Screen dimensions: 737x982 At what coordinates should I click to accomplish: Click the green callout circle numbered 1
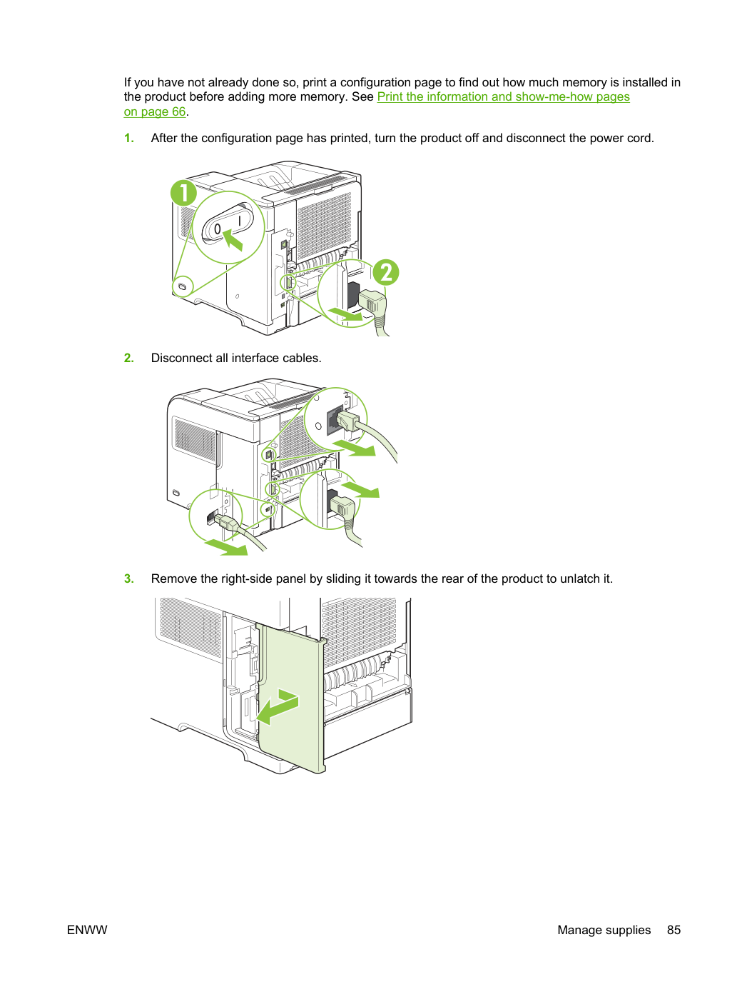pyautogui.click(x=183, y=193)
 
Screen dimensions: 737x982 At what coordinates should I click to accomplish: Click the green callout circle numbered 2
pyautogui.click(x=386, y=272)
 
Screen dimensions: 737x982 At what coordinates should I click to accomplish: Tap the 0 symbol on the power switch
pyautogui.click(x=217, y=229)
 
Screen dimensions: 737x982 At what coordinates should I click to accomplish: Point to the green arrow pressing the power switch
pyautogui.click(x=233, y=240)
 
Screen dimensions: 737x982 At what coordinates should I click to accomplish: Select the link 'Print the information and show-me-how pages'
pyautogui.click(x=503, y=96)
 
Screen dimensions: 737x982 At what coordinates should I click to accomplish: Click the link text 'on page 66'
pyautogui.click(x=155, y=111)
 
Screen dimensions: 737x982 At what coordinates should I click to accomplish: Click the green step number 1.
pyautogui.click(x=128, y=139)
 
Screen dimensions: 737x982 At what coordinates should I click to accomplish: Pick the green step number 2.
pyautogui.click(x=128, y=358)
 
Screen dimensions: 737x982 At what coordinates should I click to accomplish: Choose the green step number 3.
pyautogui.click(x=128, y=578)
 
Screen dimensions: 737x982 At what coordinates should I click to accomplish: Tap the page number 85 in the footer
pyautogui.click(x=674, y=930)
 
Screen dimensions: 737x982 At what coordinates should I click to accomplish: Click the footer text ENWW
pyautogui.click(x=87, y=930)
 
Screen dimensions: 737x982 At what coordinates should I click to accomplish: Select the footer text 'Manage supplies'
pyautogui.click(x=604, y=930)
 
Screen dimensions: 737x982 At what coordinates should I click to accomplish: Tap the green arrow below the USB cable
pyautogui.click(x=227, y=547)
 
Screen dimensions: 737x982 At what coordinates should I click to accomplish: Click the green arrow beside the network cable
pyautogui.click(x=355, y=448)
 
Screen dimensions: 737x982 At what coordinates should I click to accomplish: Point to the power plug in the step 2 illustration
pyautogui.click(x=342, y=507)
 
